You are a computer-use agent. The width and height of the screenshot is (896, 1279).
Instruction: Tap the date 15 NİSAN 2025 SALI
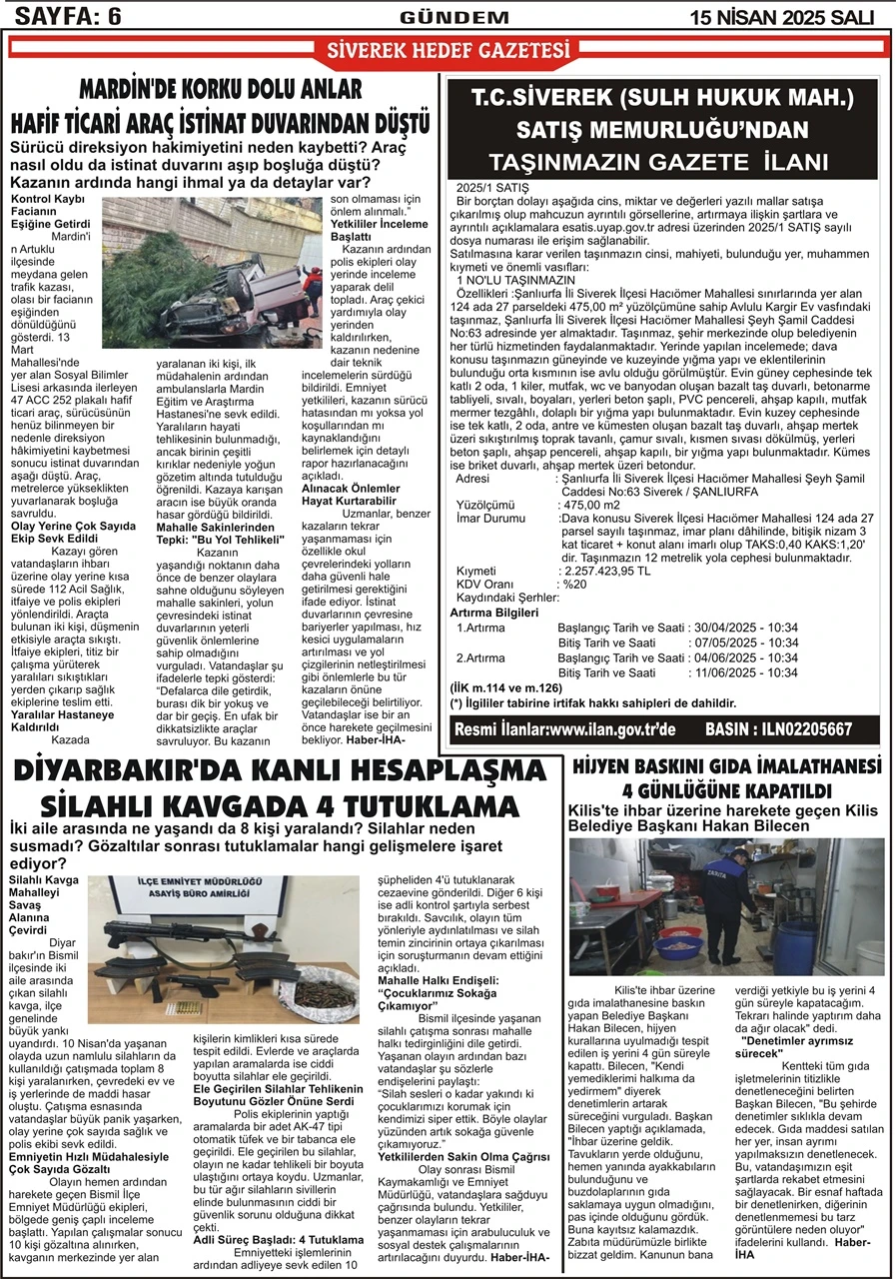pos(782,16)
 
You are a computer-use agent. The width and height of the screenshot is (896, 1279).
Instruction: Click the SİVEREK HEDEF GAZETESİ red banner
pos(448,50)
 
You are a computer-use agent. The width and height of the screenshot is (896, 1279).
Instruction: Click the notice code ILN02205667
pos(806,729)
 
